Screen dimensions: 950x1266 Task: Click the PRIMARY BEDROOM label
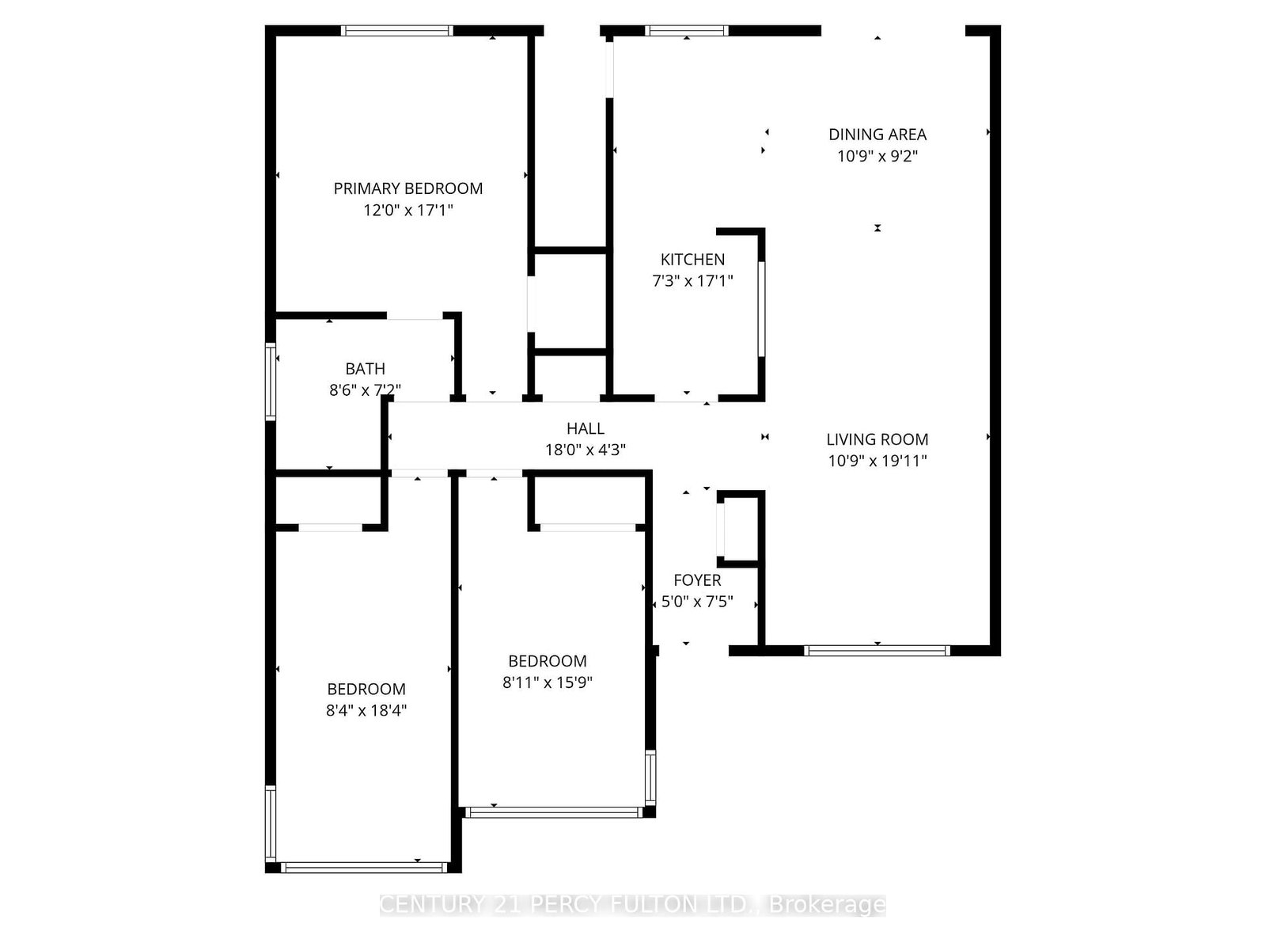pos(407,188)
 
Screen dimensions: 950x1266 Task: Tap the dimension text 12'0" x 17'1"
pos(407,211)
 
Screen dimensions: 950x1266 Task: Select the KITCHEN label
pos(692,260)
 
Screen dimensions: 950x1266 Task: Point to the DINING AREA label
pos(877,135)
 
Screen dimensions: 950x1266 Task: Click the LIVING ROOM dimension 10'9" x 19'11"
pos(877,461)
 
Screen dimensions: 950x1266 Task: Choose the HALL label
pos(585,428)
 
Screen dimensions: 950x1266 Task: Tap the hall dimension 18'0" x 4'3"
pos(585,450)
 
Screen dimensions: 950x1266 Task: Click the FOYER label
pos(696,580)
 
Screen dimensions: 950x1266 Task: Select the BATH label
pos(365,369)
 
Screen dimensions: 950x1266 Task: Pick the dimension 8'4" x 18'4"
pos(366,710)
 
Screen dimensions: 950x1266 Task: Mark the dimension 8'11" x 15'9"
pos(547,682)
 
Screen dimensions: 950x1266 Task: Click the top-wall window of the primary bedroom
pos(396,31)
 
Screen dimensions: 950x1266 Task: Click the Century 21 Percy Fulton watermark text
pos(632,904)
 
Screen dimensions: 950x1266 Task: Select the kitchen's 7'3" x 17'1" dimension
pos(692,281)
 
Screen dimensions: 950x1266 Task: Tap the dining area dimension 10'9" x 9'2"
pos(877,156)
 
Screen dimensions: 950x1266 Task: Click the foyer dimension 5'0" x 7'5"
pos(696,602)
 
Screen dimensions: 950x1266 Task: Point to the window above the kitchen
pos(686,31)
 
